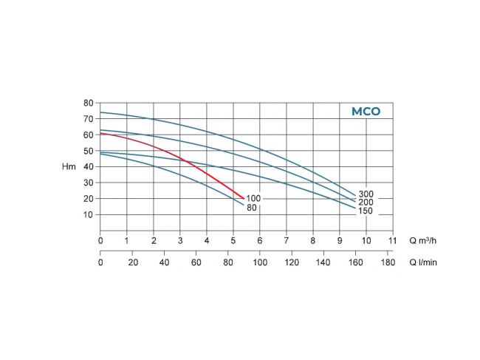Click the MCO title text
pyautogui.click(x=366, y=112)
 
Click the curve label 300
pyautogui.click(x=366, y=194)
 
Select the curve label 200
pyautogui.click(x=366, y=202)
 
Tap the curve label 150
pyautogui.click(x=366, y=211)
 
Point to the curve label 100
pyautogui.click(x=254, y=198)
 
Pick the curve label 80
pyautogui.click(x=252, y=208)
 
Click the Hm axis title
pyautogui.click(x=69, y=167)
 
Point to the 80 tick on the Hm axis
pyautogui.click(x=88, y=103)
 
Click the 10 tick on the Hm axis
pyautogui.click(x=88, y=214)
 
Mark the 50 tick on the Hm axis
pyautogui.click(x=88, y=151)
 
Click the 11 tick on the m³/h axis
pyautogui.click(x=393, y=240)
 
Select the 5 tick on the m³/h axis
pyautogui.click(x=233, y=240)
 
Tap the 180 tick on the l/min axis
pyautogui.click(x=387, y=262)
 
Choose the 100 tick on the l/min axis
pyautogui.click(x=259, y=262)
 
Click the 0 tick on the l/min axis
pyautogui.click(x=100, y=262)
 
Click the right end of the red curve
pyautogui.click(x=244, y=197)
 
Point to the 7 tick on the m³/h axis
pyautogui.click(x=287, y=240)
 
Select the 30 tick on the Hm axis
pyautogui.click(x=88, y=183)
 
